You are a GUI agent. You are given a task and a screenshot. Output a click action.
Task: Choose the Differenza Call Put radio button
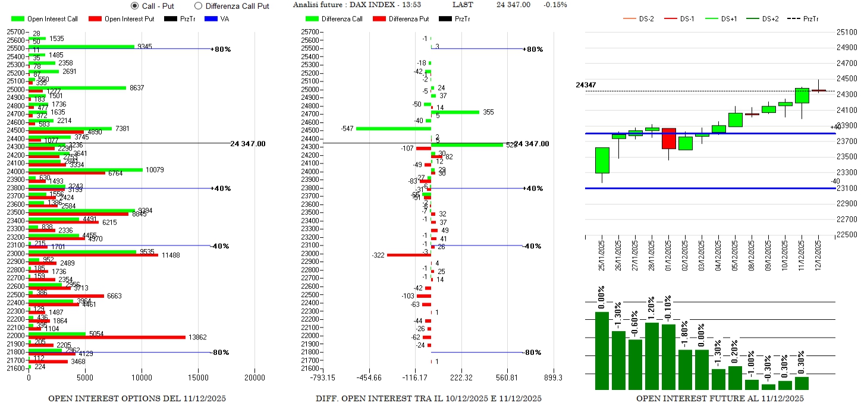point(198,6)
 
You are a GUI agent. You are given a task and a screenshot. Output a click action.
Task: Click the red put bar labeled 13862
point(107,337)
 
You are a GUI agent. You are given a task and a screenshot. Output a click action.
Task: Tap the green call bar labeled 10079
point(86,169)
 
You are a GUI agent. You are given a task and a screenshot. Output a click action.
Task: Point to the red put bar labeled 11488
point(93,255)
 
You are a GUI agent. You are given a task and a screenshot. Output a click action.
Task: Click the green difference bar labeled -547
point(393,128)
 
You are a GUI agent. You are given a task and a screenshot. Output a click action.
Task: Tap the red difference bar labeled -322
point(408,255)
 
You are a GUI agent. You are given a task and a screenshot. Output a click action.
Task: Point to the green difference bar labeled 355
point(455,112)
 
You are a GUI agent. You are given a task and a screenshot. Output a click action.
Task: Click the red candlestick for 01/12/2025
point(668,139)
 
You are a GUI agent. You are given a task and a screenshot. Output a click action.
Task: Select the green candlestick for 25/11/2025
point(602,160)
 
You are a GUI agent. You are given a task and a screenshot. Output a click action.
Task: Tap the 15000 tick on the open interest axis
point(198,377)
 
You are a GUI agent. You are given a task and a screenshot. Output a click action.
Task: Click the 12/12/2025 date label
point(819,255)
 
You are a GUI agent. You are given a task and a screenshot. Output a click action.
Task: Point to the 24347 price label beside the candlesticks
point(586,85)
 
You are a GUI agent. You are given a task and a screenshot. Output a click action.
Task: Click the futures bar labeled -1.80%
point(685,369)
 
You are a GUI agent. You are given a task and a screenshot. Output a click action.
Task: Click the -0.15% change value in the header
point(555,5)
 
